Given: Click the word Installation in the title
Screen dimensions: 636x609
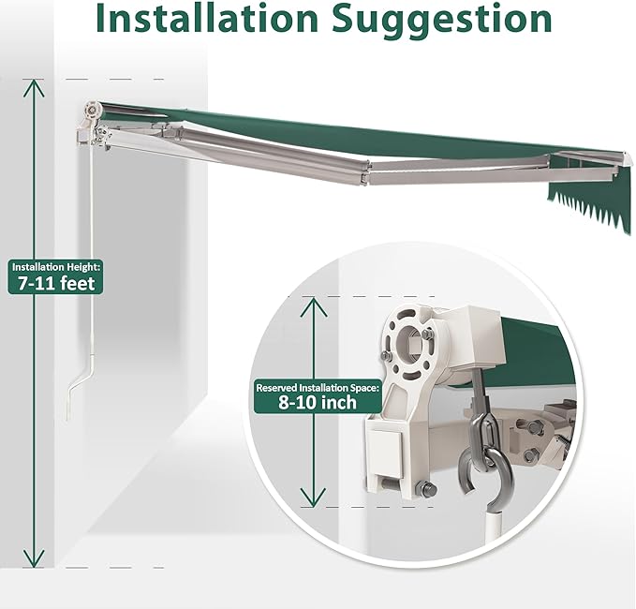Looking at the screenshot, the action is pos(207,19).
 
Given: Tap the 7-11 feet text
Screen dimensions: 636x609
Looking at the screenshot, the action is pos(56,283).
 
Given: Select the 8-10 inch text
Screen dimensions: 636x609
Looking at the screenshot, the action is pos(318,402).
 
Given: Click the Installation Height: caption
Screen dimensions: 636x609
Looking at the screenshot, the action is pos(55,267).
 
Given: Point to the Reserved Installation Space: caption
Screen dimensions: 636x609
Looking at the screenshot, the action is pos(318,388).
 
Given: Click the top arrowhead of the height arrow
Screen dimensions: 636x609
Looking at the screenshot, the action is pos(34,87).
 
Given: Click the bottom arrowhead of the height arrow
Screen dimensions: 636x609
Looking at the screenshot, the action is pos(34,558).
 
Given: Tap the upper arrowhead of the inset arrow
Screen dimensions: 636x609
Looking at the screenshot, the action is pos(313,306).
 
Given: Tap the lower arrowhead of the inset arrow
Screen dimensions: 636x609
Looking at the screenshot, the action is pos(313,497).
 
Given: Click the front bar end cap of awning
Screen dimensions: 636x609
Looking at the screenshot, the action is pos(625,159).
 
